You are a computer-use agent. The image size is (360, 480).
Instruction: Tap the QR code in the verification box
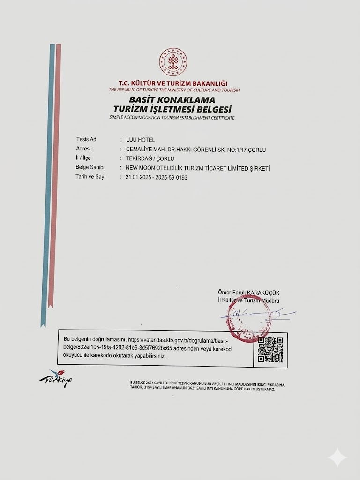[270, 350]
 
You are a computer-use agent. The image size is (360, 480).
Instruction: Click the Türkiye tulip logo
[56, 378]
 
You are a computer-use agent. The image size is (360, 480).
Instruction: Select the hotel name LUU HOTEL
[137, 140]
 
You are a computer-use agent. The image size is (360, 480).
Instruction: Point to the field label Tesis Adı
[86, 140]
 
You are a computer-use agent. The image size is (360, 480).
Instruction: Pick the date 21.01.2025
[134, 178]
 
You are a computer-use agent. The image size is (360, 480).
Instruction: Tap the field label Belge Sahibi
[90, 168]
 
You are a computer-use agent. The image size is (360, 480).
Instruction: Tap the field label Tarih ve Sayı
[90, 177]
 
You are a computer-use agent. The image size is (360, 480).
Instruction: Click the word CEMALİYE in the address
[135, 150]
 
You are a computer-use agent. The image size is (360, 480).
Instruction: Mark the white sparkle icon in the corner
[337, 457]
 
